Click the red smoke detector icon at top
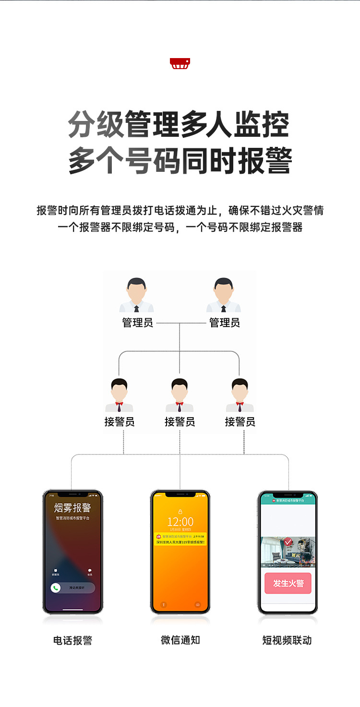click(180, 63)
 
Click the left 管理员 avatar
click(137, 295)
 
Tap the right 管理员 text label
click(224, 323)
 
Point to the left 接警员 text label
click(120, 422)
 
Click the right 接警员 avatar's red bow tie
click(240, 404)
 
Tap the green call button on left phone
click(56, 588)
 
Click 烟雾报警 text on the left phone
click(72, 508)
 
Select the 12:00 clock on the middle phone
click(180, 522)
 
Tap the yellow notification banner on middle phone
click(180, 539)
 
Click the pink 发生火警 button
click(288, 583)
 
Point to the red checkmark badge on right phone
click(288, 542)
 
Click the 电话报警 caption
click(72, 640)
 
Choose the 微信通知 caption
click(180, 640)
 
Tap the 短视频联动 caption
click(287, 640)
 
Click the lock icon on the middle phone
click(180, 511)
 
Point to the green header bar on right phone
click(288, 500)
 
